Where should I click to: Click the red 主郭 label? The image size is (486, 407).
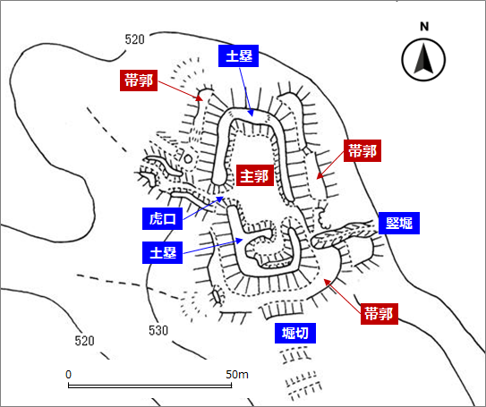pos(255,175)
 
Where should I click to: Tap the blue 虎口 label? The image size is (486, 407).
pos(162,218)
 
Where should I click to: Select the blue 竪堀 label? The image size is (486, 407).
pos(399,223)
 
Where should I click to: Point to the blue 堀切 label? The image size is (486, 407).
pos(295,334)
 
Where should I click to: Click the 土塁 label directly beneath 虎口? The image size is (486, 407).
pos(162,252)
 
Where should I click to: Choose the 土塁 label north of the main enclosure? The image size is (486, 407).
pos(238,55)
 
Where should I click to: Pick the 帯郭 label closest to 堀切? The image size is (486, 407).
pos(379,314)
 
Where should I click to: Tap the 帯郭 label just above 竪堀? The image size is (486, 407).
pos(362,150)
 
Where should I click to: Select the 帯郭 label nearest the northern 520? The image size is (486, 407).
pos(139,81)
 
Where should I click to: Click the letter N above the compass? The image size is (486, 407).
pos(424,27)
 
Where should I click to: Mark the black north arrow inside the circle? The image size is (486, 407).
pos(423,59)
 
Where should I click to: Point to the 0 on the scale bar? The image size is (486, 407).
pos(69,375)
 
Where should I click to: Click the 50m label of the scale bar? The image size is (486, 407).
pos(237,375)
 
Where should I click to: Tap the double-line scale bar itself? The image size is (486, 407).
pos(149,386)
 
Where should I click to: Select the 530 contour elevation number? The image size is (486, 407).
pos(158,330)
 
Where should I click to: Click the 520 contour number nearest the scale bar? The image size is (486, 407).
pos(85,341)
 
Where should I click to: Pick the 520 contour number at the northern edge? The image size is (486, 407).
pos(135,39)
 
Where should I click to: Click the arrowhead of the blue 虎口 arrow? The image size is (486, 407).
pos(220,199)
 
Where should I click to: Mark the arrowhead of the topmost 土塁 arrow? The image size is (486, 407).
pos(251,113)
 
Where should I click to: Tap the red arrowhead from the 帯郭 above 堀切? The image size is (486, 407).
pos(327,282)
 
